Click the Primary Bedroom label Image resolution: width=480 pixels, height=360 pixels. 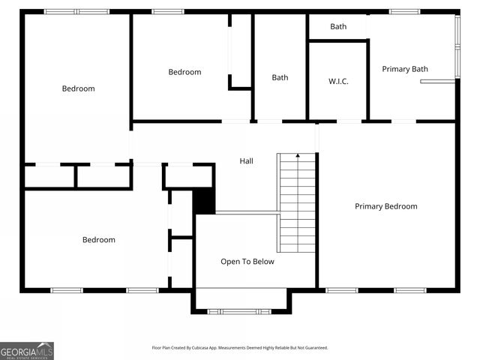click(385, 206)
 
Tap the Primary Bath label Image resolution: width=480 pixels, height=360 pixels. click(405, 69)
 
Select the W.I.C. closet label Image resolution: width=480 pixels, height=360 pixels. click(338, 81)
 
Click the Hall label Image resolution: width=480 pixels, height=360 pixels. click(246, 161)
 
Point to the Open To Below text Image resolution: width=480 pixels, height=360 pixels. click(247, 262)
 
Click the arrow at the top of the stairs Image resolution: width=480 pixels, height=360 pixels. click(298, 156)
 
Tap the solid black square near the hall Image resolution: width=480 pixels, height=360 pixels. click(204, 202)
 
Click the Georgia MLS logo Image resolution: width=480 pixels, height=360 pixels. click(27, 350)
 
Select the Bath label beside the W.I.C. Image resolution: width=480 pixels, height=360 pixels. click(280, 77)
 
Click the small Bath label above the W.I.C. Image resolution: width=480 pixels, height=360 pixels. click(338, 26)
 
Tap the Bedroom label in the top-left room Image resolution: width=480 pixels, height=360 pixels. click(78, 88)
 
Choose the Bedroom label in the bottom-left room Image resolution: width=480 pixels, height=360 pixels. click(98, 240)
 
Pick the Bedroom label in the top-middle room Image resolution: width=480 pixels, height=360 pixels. click(184, 72)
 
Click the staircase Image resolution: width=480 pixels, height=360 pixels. click(298, 203)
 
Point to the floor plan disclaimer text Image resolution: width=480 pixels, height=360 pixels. click(239, 348)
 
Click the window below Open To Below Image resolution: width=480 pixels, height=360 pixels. click(240, 310)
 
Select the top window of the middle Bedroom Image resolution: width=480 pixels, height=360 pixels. click(167, 11)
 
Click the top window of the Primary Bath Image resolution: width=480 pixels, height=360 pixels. click(404, 11)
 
